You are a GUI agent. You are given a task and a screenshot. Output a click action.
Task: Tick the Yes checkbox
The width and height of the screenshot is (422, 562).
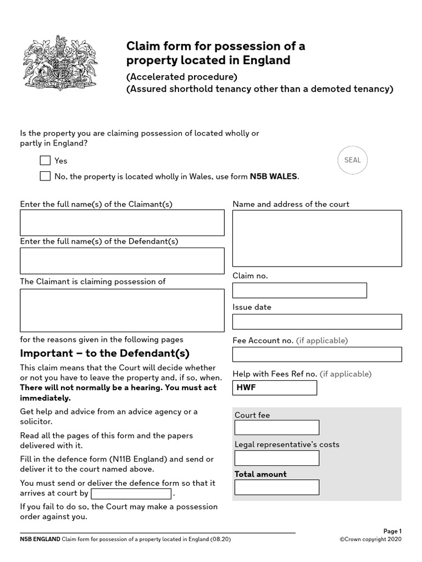click(45, 161)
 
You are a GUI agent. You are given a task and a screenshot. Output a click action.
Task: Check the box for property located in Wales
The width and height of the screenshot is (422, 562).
click(45, 176)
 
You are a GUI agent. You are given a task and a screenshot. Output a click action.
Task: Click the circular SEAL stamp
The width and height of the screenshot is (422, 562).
click(352, 160)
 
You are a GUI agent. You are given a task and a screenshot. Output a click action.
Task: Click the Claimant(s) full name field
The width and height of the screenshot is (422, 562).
click(122, 223)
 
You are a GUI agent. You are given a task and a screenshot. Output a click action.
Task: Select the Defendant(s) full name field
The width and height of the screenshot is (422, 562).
click(122, 261)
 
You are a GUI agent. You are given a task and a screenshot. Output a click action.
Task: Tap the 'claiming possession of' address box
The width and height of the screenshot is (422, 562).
click(122, 311)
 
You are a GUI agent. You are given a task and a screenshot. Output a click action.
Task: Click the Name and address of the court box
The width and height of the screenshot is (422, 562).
click(317, 238)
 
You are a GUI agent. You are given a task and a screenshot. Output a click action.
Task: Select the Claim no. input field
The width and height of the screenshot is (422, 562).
click(299, 290)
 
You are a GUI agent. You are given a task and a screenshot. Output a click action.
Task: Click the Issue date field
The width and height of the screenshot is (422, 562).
click(317, 322)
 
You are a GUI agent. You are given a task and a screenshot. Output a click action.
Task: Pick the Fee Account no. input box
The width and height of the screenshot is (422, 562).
click(317, 355)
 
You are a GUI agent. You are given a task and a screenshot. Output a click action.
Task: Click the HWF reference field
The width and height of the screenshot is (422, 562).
click(275, 387)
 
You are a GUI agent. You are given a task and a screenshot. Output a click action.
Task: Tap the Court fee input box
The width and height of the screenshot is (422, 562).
click(276, 428)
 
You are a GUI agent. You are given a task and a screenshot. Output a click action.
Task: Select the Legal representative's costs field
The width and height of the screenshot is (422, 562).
click(276, 458)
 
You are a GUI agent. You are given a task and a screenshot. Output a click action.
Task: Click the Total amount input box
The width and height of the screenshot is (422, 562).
click(276, 487)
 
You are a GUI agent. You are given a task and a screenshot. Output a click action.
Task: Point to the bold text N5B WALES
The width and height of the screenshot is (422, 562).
click(274, 176)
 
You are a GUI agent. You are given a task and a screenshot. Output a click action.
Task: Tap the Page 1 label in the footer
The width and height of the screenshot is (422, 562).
click(392, 531)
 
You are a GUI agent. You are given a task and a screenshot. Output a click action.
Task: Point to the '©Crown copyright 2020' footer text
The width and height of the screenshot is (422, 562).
click(371, 539)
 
